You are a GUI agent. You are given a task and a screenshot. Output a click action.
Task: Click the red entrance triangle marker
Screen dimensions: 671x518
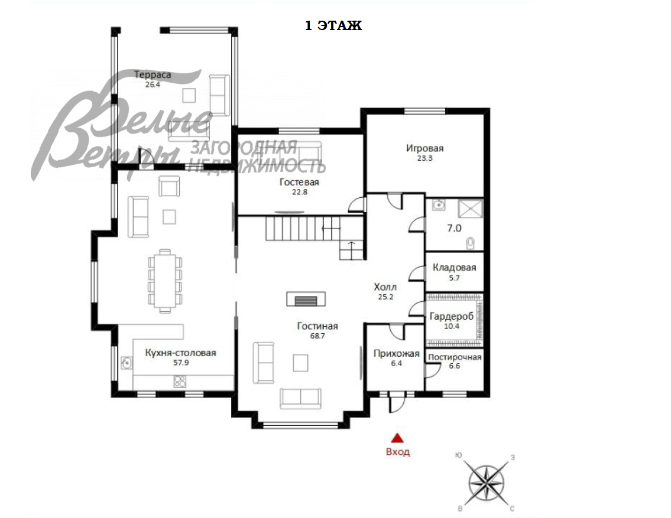point(397,438)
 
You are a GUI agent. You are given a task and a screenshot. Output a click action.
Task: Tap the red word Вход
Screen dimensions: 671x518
point(398,452)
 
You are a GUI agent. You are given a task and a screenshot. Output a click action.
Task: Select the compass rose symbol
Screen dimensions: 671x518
point(487,483)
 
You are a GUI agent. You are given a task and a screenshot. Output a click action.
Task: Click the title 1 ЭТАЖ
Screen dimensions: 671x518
point(333,25)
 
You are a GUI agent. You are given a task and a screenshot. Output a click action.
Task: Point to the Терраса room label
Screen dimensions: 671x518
point(153,75)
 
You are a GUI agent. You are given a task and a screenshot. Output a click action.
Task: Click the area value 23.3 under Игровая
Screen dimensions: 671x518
point(425,158)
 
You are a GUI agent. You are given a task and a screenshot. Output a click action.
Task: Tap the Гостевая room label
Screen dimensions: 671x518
point(299,182)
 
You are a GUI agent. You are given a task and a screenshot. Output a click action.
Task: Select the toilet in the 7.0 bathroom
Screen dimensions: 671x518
point(471,243)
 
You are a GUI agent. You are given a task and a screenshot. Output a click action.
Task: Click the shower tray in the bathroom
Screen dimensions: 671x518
point(471,208)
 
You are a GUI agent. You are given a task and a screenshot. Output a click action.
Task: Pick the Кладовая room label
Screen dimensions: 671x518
point(454,268)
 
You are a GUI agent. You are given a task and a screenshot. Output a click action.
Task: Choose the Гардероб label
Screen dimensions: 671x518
point(452,316)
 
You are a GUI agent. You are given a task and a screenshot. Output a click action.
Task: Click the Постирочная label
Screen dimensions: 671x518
point(455,357)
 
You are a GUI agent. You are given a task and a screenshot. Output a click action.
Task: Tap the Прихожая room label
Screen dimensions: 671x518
point(396,353)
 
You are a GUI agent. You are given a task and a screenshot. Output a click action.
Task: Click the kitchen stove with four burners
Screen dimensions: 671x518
point(180,381)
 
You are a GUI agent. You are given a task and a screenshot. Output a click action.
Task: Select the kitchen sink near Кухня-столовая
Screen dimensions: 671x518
point(127,363)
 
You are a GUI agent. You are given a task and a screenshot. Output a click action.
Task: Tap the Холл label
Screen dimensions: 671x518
point(385,287)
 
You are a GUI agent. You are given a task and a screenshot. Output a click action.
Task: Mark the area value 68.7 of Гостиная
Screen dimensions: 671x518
point(317,336)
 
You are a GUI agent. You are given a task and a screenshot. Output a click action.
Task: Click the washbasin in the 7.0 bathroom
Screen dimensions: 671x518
point(438,205)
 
